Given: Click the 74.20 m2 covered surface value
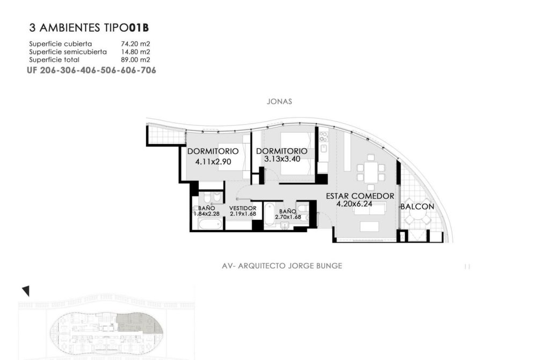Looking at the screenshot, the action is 135,44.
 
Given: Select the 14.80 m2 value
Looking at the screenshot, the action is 135,52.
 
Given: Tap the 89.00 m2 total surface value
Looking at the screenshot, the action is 135,60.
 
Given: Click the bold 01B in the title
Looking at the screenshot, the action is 139,27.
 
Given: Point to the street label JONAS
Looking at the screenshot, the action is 279,102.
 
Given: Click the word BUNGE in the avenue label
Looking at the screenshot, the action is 329,265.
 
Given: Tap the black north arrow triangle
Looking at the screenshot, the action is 26,291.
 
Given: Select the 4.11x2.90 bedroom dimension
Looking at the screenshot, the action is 213,162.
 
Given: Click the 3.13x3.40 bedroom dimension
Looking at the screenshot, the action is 282,159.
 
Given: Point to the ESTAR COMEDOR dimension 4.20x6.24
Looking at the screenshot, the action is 354,204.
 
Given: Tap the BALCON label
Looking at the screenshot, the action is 417,207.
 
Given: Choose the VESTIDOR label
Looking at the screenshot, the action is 243,208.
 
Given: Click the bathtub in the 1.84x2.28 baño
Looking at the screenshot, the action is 209,224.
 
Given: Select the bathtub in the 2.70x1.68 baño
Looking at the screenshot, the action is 270,214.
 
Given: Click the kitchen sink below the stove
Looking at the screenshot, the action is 323,148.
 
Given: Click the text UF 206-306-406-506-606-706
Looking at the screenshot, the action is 91,70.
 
